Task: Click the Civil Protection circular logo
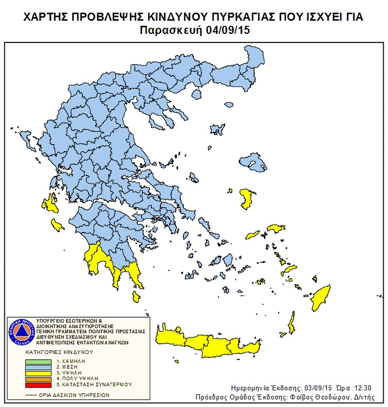(20, 333)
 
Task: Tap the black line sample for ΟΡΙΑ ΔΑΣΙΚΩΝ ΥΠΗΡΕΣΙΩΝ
(36, 395)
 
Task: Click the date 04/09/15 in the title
(229, 30)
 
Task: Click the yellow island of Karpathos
(291, 321)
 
